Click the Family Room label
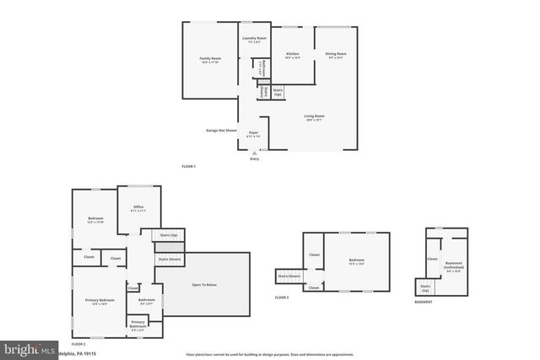[211, 60]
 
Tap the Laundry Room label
[255, 40]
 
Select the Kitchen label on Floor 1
[292, 55]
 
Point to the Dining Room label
[336, 55]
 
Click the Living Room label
[314, 117]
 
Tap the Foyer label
[253, 133]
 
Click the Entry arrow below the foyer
[254, 153]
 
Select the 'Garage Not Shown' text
[221, 130]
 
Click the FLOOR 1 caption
[188, 167]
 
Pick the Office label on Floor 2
[138, 208]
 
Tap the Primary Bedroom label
[99, 301]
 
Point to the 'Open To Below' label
[205, 286]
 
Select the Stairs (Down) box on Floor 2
[169, 259]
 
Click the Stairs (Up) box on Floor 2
[168, 235]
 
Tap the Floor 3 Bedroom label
[357, 261]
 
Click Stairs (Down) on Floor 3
[289, 276]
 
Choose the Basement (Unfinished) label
[454, 268]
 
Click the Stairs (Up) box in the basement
[425, 288]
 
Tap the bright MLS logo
[30, 348]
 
